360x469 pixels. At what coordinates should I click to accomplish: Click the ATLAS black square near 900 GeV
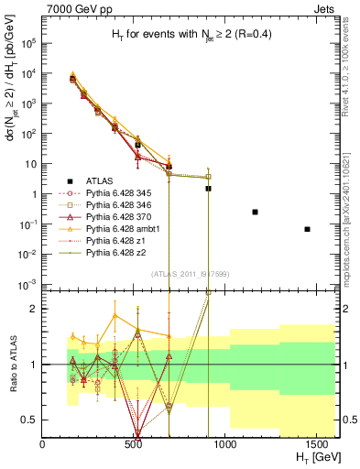pos(208,188)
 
